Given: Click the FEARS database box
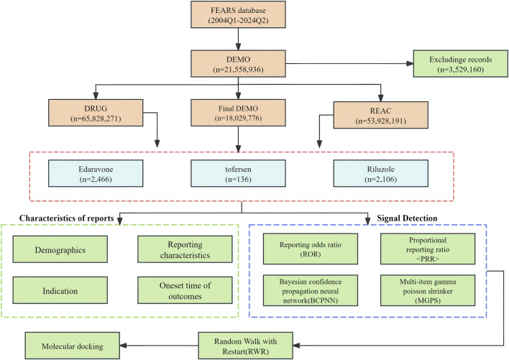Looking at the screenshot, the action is pyautogui.click(x=238, y=14).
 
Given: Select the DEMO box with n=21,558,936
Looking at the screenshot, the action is pyautogui.click(x=238, y=63).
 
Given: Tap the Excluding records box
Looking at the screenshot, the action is pyautogui.click(x=460, y=63).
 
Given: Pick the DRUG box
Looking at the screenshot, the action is pyautogui.click(x=96, y=113).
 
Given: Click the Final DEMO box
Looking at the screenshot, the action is pyautogui.click(x=238, y=113).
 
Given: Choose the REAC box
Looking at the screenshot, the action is pyautogui.click(x=381, y=115).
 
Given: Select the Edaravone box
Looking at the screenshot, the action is pyautogui.click(x=96, y=173).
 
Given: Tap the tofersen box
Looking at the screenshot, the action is pyautogui.click(x=238, y=173).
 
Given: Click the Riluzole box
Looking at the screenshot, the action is pyautogui.click(x=381, y=173).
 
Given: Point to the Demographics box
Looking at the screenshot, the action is pyautogui.click(x=60, y=249).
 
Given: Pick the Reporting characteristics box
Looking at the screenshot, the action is pyautogui.click(x=185, y=249).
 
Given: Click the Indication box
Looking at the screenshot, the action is pyautogui.click(x=60, y=290).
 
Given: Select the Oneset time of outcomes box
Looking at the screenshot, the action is pyautogui.click(x=185, y=290).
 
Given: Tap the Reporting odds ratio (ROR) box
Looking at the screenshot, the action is pyautogui.click(x=311, y=249).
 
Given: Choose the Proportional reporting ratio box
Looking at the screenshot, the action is pyautogui.click(x=428, y=249).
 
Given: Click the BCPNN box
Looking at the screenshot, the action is pyautogui.click(x=311, y=290).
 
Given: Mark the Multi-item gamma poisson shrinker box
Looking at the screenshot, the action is pyautogui.click(x=428, y=290).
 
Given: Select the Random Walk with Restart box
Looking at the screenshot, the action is pyautogui.click(x=245, y=346).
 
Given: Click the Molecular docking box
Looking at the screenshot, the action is pyautogui.click(x=73, y=346).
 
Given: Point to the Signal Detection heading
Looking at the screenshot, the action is pyautogui.click(x=407, y=218).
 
